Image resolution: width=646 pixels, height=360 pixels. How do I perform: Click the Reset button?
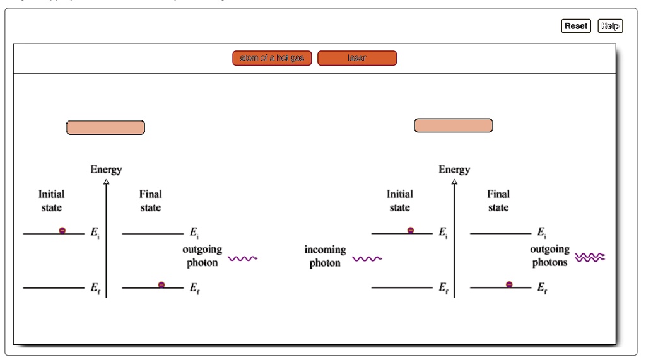(x=575, y=26)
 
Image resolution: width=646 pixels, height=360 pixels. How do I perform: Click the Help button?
(x=609, y=26)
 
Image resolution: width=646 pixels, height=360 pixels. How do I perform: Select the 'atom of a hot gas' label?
(x=272, y=58)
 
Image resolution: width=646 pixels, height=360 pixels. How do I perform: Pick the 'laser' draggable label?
(x=357, y=58)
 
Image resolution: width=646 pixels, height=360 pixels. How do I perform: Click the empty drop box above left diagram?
(x=105, y=127)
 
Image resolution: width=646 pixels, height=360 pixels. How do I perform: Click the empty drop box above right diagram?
(x=453, y=125)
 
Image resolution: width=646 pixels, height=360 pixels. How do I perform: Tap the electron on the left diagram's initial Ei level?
(x=62, y=231)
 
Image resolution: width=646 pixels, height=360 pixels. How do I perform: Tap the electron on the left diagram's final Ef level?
(x=161, y=285)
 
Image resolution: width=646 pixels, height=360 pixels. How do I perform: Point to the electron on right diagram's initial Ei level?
(x=411, y=231)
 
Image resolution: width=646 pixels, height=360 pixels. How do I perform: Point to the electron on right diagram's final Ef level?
(x=510, y=285)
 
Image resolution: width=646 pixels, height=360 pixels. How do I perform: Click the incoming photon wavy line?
(x=367, y=258)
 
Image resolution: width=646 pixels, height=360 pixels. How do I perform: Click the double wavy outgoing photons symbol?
(x=590, y=257)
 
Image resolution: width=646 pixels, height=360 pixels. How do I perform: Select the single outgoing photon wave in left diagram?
(x=243, y=258)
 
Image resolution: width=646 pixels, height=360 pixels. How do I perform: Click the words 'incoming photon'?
(x=325, y=257)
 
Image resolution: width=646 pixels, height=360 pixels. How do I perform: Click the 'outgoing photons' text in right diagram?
(x=549, y=256)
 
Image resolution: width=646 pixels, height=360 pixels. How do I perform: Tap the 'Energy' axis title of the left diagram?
(x=106, y=170)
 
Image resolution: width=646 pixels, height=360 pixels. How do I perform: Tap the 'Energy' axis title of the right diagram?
(x=454, y=170)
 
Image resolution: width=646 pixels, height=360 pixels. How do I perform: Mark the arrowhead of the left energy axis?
(x=106, y=182)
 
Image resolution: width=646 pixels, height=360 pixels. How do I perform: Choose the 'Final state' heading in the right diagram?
(x=498, y=200)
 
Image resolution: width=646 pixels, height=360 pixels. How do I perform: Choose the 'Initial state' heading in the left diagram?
(x=52, y=200)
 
